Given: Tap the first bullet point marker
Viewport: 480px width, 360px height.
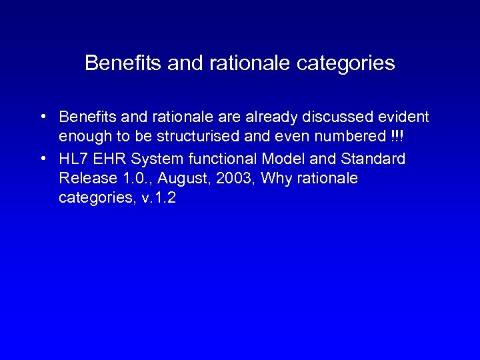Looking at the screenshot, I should point(42,117).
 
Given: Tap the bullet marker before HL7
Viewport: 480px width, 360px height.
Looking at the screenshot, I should point(42,159).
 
